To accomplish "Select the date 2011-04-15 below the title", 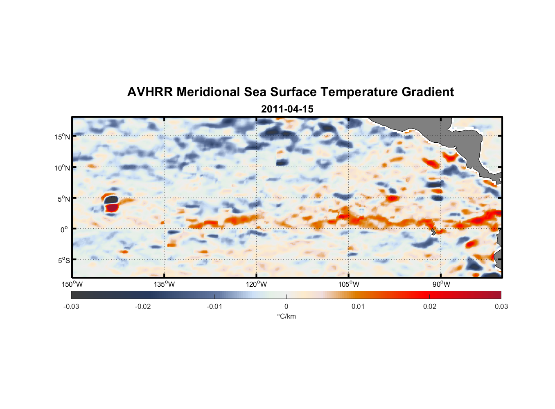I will point(287,109).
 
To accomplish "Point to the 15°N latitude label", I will point(62,137).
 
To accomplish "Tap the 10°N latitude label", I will point(62,168).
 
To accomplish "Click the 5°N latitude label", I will point(63,199).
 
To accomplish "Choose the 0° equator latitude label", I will point(64,229).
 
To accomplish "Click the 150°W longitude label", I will point(72,284).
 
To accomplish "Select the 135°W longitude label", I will point(165,284).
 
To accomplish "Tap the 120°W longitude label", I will point(257,284).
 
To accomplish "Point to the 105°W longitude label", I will point(349,284).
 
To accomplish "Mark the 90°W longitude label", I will point(441,284).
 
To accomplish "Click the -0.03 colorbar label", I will point(71,306).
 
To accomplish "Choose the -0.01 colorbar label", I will point(214,306).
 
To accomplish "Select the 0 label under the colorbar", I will point(286,306).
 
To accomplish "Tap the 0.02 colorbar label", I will point(430,306).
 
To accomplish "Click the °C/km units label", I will point(287,316).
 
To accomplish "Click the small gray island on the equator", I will point(433,232).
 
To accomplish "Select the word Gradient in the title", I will point(428,92).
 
